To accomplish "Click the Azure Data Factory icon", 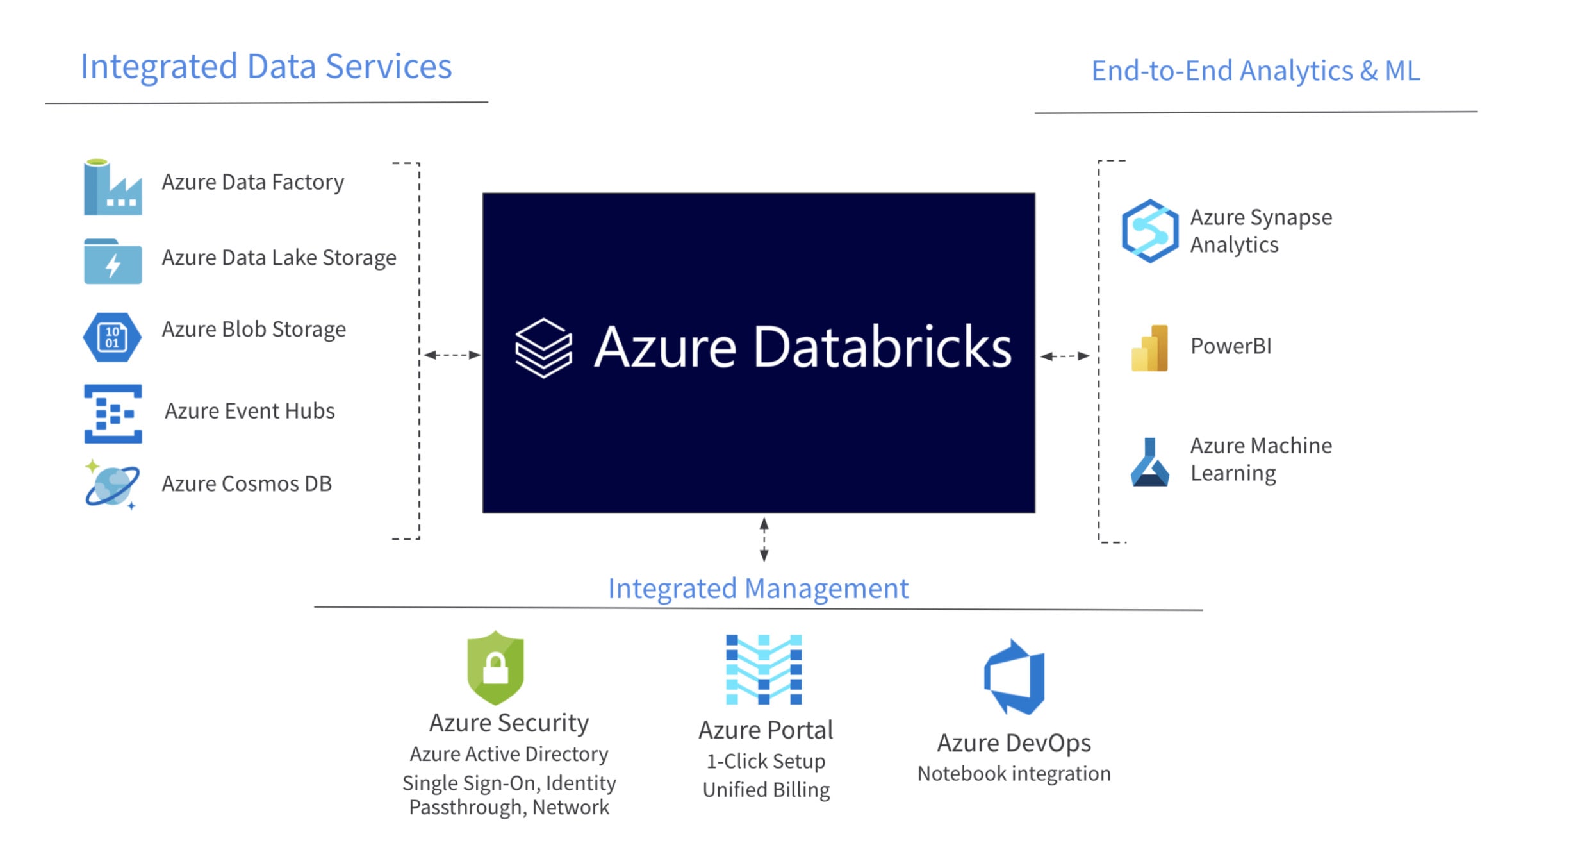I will click(x=113, y=187).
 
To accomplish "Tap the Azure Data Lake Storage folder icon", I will click(x=113, y=262).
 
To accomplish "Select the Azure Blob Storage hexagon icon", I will click(x=112, y=337).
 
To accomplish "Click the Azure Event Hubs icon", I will click(x=113, y=413).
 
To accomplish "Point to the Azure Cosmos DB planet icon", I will click(x=112, y=485).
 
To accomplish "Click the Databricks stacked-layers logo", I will click(x=543, y=347).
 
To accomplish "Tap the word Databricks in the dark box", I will click(x=882, y=347).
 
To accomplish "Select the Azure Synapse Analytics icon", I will click(x=1149, y=231).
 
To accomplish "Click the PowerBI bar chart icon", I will click(x=1149, y=348).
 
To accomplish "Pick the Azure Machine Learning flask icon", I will click(x=1149, y=462).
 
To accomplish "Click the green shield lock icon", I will click(x=495, y=668).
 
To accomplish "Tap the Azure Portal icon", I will click(x=764, y=669).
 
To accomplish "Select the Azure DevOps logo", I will click(x=1015, y=677).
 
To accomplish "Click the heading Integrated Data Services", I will click(x=266, y=67).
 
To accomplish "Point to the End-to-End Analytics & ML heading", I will click(x=1255, y=71).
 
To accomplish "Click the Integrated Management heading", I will click(x=758, y=588).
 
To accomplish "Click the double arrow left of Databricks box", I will click(x=452, y=355).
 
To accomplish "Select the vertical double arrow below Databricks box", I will click(x=764, y=540).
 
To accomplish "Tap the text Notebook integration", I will click(x=1014, y=774).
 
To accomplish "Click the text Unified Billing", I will click(x=766, y=790).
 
